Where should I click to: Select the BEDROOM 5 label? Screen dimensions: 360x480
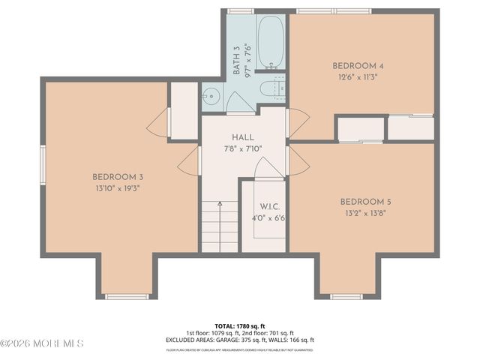pos(365,202)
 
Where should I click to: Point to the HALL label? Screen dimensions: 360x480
pos(242,137)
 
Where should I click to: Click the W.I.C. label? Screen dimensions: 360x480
pos(270,207)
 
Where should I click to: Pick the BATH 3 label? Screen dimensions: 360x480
pos(236,60)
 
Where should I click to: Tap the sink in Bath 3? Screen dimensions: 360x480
pos(211,95)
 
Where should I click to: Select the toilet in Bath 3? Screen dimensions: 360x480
pos(271,89)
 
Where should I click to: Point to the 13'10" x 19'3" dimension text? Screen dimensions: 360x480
pos(118,188)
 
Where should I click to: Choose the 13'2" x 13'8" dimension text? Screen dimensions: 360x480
pos(365,213)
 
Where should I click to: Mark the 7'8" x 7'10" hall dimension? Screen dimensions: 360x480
pos(242,148)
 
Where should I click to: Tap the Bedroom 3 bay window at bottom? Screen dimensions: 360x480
pos(127,297)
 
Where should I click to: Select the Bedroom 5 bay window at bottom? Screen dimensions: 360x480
pos(346,297)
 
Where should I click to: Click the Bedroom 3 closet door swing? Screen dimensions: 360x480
pos(159,123)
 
